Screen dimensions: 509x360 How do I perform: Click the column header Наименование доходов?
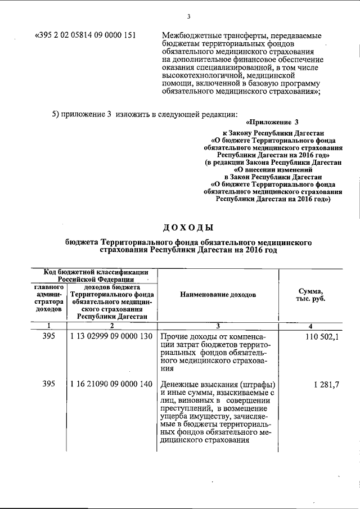[218, 294]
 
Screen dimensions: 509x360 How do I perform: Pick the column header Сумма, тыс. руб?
[310, 294]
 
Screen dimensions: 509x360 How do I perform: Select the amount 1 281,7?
[327, 384]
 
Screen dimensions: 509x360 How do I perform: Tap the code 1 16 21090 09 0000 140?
[112, 384]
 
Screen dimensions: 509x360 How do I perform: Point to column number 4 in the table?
[310, 326]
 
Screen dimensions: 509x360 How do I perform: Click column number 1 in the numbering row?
[49, 326]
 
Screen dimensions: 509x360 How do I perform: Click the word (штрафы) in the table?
[257, 384]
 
